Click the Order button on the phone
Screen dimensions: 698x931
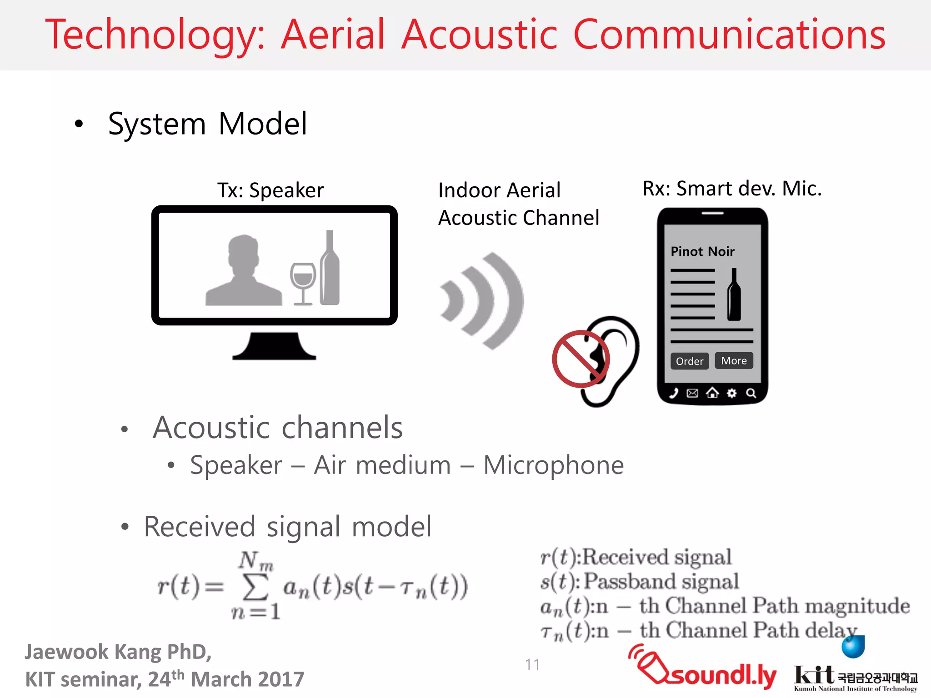pos(689,361)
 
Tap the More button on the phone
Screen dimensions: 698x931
pos(734,360)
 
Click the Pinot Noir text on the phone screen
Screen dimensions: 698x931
pos(702,251)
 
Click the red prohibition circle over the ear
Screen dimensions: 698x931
pos(581,359)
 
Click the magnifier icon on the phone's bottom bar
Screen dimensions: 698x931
pos(751,393)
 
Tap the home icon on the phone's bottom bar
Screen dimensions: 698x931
pos(712,393)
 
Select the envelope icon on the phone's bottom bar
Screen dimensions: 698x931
pos(692,393)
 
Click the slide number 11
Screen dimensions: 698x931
pos(532,665)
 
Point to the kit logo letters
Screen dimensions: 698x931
pos(814,674)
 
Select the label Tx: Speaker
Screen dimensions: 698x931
pos(270,190)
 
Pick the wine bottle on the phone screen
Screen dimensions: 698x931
pos(734,295)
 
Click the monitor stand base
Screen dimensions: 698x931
pos(274,348)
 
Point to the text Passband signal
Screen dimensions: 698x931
pos(661,581)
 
